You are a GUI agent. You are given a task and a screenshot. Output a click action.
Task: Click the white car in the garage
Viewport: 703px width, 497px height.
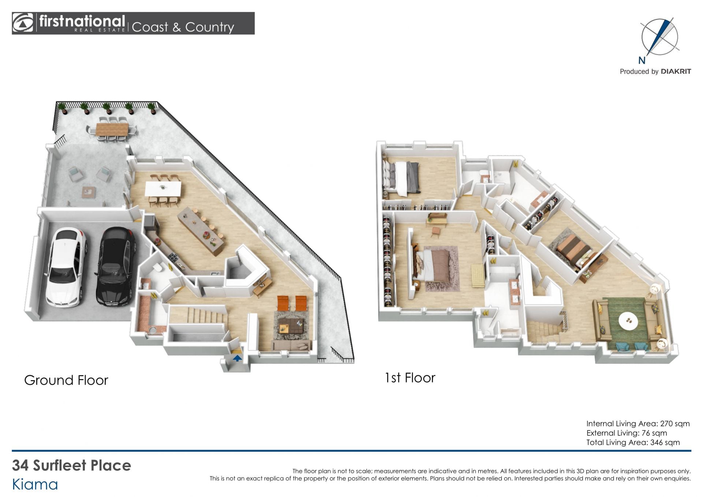pyautogui.click(x=67, y=267)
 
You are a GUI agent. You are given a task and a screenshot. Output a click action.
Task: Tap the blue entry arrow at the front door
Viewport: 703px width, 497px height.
pyautogui.click(x=237, y=358)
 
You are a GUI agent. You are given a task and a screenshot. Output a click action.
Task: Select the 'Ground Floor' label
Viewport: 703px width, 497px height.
pyautogui.click(x=66, y=380)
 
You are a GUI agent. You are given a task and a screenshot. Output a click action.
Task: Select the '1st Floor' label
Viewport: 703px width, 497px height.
pyautogui.click(x=410, y=378)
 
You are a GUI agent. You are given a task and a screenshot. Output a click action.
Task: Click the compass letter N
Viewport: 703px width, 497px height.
pyautogui.click(x=642, y=60)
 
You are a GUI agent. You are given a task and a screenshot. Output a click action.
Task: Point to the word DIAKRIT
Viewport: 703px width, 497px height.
pyautogui.click(x=676, y=71)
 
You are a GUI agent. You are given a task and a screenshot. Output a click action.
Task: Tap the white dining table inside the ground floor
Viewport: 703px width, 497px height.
pyautogui.click(x=163, y=189)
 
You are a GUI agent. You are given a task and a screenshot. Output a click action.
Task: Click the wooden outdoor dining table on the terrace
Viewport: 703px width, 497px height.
pyautogui.click(x=112, y=129)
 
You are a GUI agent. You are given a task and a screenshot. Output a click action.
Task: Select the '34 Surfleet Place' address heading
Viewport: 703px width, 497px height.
pyautogui.click(x=71, y=466)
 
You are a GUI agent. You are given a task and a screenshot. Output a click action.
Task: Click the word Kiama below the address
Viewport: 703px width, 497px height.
pyautogui.click(x=35, y=485)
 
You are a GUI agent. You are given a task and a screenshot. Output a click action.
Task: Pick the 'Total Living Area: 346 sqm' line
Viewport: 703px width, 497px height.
pyautogui.click(x=633, y=442)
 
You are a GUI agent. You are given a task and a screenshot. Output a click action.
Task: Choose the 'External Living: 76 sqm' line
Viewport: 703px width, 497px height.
pyautogui.click(x=626, y=433)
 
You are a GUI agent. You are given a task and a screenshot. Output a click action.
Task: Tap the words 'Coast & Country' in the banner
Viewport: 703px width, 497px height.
pyautogui.click(x=183, y=27)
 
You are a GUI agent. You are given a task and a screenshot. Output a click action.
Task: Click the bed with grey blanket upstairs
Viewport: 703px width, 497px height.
pyautogui.click(x=401, y=178)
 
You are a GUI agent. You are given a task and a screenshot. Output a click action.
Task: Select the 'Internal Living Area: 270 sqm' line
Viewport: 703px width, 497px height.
pyautogui.click(x=638, y=424)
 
